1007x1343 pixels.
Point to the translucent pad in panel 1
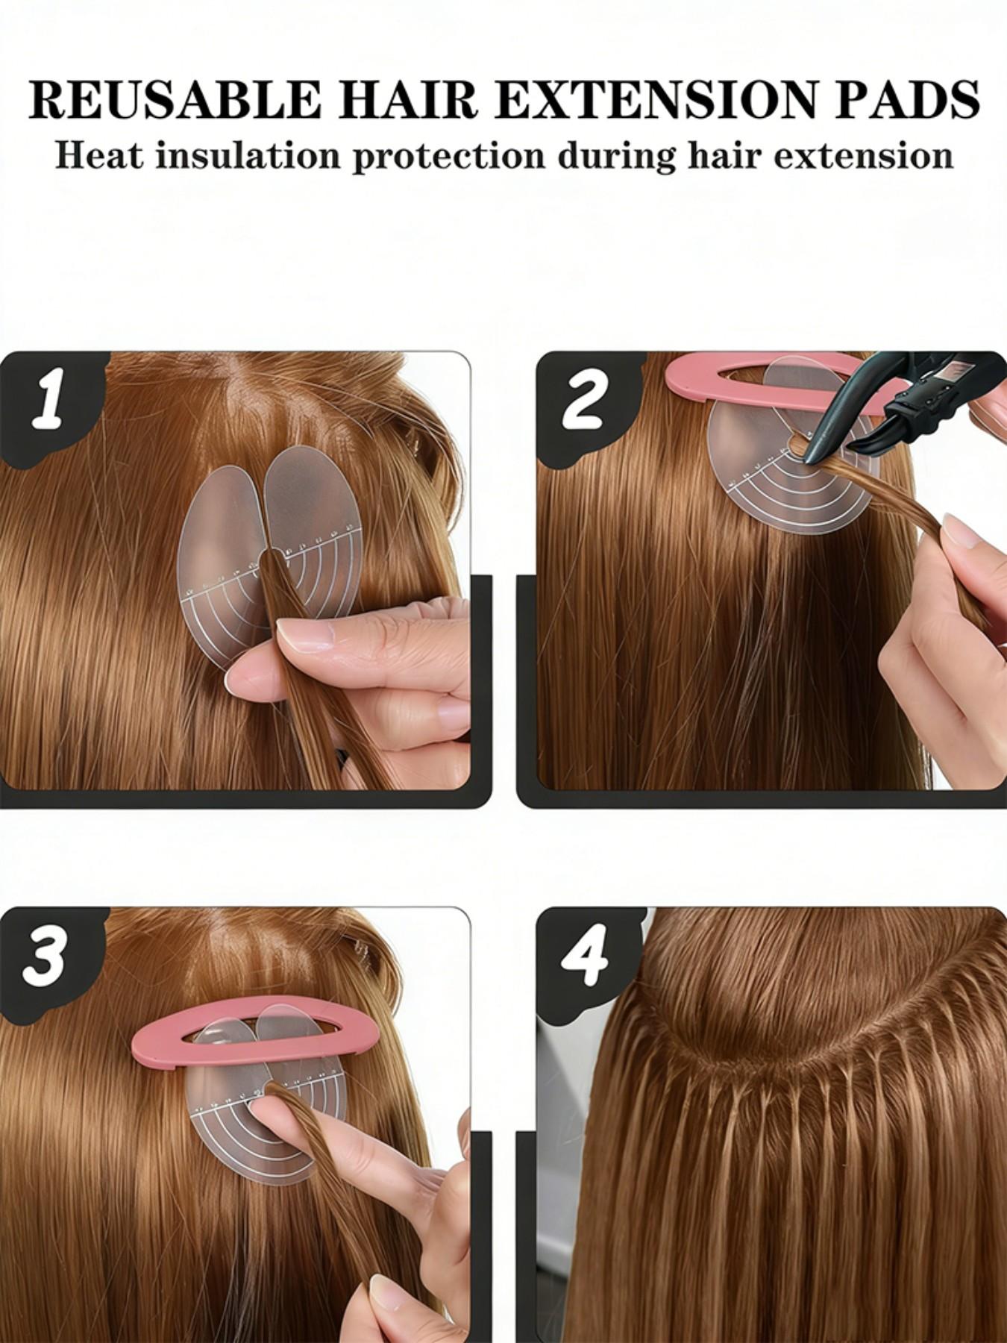click(x=216, y=552)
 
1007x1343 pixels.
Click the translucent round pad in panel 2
click(x=753, y=485)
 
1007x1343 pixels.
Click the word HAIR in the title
click(x=403, y=98)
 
